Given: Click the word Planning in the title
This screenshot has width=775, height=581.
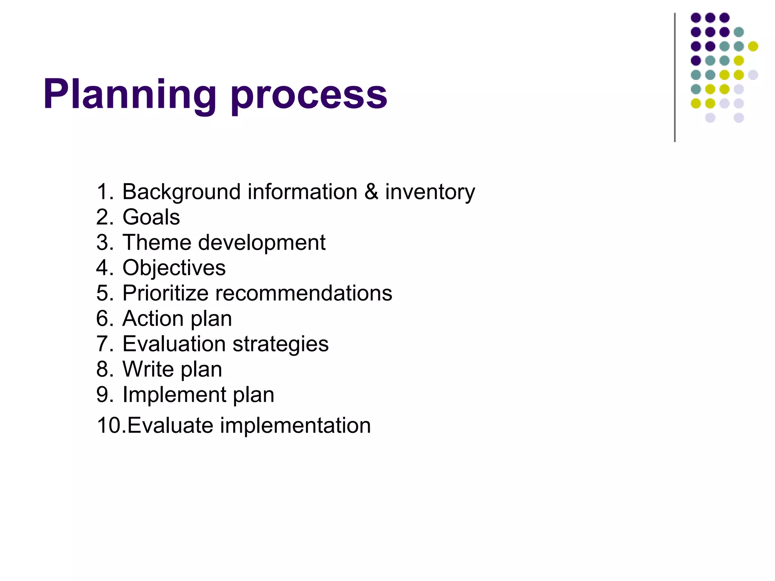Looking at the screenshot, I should tap(130, 95).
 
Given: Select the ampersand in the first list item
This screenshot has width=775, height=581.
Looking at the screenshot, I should tap(371, 191).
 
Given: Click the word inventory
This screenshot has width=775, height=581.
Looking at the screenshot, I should tap(430, 192).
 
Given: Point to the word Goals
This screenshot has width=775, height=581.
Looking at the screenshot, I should tap(151, 217).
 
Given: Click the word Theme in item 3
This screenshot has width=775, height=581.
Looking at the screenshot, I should tap(157, 242).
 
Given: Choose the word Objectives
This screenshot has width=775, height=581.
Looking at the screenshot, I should tap(174, 268).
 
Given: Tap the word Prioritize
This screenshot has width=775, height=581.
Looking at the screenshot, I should tap(165, 293).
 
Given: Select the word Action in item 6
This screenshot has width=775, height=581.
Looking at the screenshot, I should tap(153, 318).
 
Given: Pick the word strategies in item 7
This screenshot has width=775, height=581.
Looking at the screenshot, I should tap(280, 344).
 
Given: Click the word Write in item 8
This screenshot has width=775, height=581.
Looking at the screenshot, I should tap(148, 369).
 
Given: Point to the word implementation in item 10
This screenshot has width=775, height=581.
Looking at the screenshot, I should tap(295, 426).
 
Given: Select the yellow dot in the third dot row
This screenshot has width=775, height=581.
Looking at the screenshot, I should tap(753, 46).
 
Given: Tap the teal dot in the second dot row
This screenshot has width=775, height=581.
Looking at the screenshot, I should tap(739, 32).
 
